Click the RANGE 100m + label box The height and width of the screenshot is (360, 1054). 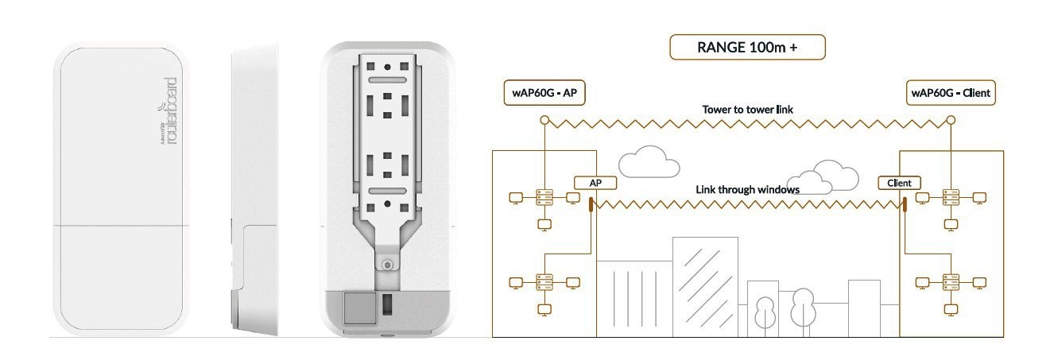click(748, 47)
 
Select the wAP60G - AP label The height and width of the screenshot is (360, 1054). click(544, 93)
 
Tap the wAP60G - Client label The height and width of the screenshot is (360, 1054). click(951, 93)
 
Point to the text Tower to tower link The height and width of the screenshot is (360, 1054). click(747, 108)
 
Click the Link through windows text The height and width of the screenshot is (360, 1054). click(747, 190)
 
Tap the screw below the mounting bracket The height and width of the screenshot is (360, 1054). click(386, 265)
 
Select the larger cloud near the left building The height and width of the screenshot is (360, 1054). click(649, 161)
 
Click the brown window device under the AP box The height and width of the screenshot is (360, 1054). click(591, 206)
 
